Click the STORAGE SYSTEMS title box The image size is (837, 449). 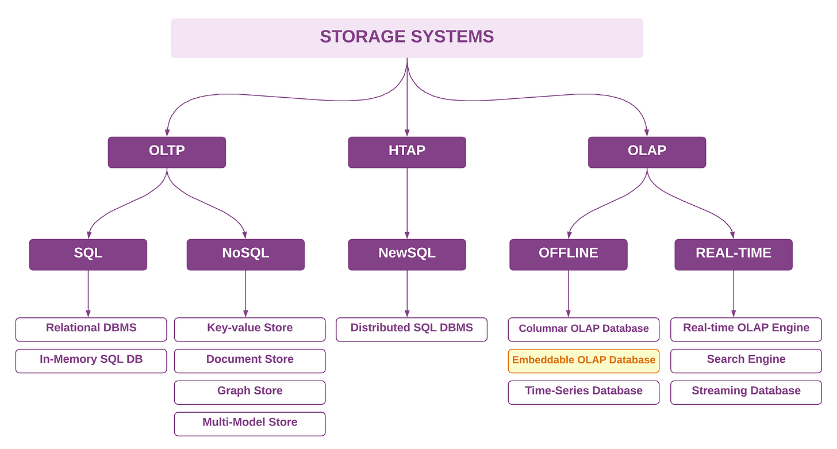(407, 37)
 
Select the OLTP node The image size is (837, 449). (167, 152)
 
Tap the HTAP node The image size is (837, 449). (407, 152)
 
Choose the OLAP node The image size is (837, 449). (647, 152)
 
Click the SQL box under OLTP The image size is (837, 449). (88, 254)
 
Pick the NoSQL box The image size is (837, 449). (245, 254)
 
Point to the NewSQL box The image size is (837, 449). (407, 254)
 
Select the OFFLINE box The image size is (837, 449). (568, 254)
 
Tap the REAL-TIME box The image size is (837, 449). (734, 254)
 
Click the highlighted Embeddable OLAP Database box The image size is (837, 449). (583, 360)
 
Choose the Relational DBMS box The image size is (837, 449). (91, 329)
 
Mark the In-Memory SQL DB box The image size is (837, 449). (91, 360)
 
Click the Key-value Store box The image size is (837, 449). (249, 329)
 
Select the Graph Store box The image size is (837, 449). (249, 392)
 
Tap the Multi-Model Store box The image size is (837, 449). (249, 423)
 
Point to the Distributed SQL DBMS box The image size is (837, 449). (412, 329)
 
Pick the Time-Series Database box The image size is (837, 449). (583, 392)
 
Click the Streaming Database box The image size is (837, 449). (746, 392)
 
